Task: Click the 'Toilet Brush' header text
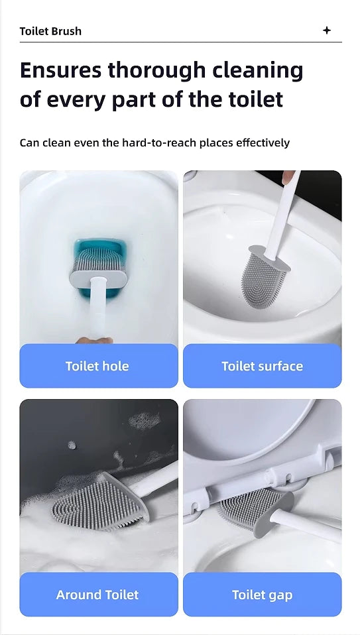(x=50, y=31)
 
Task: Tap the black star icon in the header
(x=326, y=30)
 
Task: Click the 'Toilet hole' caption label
(x=97, y=366)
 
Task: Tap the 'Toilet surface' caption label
(x=262, y=366)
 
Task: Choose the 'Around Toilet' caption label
(x=97, y=595)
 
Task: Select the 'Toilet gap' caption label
(x=262, y=595)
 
